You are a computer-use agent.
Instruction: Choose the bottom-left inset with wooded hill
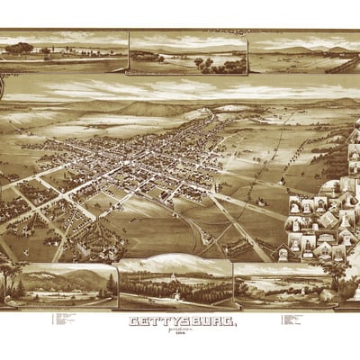coord(63,286)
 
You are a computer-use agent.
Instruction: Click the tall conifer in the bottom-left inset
coord(110,285)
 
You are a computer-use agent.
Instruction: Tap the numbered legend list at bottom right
coord(288,321)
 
